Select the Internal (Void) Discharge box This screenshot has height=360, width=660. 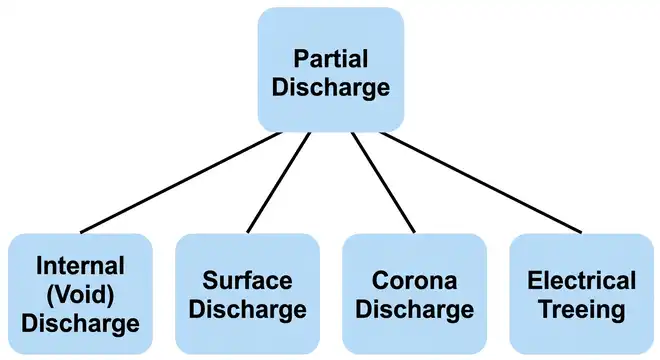click(x=80, y=294)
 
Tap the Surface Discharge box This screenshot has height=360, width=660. click(x=248, y=294)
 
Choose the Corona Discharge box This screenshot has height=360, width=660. click(x=414, y=294)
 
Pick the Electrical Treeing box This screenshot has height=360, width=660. click(x=581, y=294)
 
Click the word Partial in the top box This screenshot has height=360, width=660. click(x=330, y=59)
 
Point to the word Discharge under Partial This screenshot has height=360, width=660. click(x=330, y=87)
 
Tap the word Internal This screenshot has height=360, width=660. click(x=80, y=266)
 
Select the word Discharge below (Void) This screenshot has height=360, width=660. click(x=80, y=323)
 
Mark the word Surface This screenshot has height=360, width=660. click(x=248, y=280)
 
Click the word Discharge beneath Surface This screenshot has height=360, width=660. click(x=248, y=309)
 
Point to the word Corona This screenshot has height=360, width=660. click(x=414, y=280)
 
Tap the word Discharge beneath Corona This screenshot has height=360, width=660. click(x=414, y=309)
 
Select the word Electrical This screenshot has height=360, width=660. click(x=581, y=280)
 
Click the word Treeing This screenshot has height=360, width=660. click(x=581, y=309)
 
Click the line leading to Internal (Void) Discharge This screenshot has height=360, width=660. click(x=180, y=183)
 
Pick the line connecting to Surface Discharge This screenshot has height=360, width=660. click(x=279, y=183)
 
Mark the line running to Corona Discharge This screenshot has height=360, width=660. click(x=381, y=183)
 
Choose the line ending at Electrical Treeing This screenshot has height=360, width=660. click(x=480, y=183)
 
